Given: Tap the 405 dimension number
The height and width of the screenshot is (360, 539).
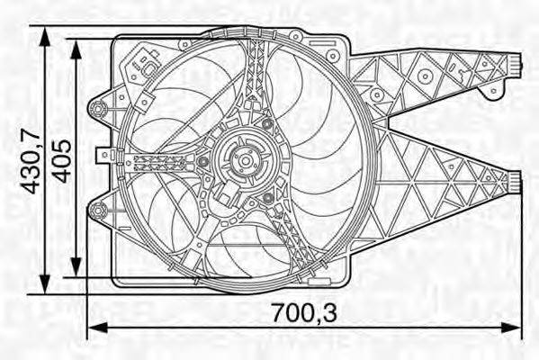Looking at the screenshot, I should point(62,161).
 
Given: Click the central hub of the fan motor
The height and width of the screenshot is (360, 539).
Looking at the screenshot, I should point(243,160).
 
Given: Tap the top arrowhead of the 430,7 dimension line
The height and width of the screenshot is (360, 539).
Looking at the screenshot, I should point(44,32).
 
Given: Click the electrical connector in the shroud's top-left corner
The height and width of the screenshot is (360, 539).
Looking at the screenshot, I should point(142,65).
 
